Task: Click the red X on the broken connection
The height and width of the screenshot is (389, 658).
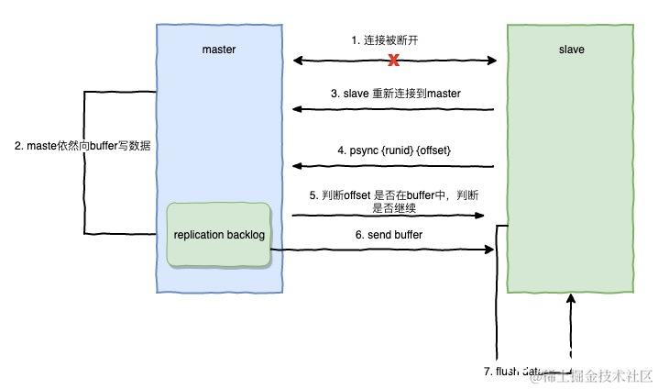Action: click(x=394, y=61)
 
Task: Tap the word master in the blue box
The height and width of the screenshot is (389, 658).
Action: click(x=219, y=50)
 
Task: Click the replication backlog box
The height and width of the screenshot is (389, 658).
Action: click(x=219, y=235)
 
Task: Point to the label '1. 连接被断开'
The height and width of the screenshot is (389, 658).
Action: click(x=389, y=40)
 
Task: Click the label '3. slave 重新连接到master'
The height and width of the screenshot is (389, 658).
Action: click(x=395, y=94)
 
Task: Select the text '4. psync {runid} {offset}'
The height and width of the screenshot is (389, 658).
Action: click(x=394, y=150)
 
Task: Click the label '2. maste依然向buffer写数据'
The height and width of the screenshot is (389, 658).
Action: click(x=82, y=146)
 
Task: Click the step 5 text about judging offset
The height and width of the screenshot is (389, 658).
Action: click(x=395, y=201)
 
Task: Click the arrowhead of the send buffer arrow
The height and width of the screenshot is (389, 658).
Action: click(x=489, y=250)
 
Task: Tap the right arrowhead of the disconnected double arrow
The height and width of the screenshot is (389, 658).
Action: click(x=492, y=61)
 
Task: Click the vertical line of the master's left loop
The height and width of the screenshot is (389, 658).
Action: click(x=84, y=162)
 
